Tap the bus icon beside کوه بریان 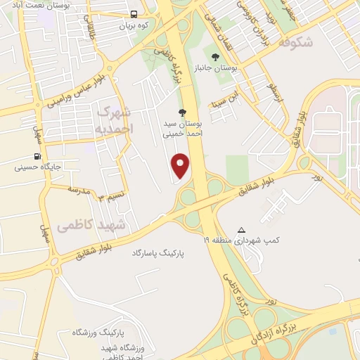tap(134, 14)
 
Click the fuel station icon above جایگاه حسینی tap(37, 157)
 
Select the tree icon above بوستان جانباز tap(215, 56)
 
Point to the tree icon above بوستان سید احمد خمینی tap(183, 112)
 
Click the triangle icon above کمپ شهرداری tap(242, 230)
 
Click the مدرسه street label tap(80, 191)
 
